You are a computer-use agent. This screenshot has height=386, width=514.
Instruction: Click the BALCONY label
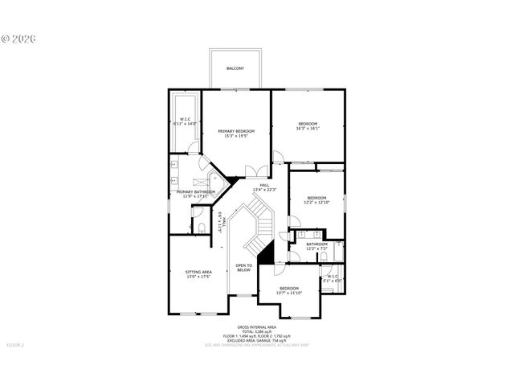[x=235, y=68]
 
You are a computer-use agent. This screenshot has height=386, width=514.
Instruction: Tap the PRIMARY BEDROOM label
[x=235, y=131]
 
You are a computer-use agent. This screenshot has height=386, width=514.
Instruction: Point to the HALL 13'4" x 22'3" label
[x=264, y=187]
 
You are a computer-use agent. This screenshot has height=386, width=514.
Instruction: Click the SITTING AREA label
[x=198, y=273]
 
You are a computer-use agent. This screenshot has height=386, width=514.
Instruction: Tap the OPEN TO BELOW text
[x=243, y=268]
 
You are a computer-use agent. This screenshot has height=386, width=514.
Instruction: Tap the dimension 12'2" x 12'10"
[x=316, y=203]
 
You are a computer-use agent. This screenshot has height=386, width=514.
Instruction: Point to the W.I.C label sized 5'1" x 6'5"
[x=333, y=279]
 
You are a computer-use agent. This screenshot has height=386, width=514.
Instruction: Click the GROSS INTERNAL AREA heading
[x=256, y=326]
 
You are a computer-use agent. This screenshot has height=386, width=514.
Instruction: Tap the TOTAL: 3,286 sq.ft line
[x=256, y=331]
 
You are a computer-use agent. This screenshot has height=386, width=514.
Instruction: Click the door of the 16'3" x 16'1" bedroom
[x=278, y=156]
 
